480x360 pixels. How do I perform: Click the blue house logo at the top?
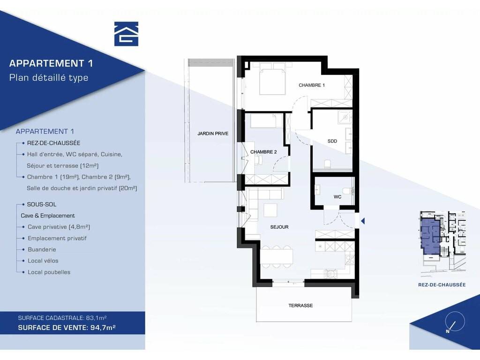point(126,34)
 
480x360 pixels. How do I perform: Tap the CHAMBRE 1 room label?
point(312,85)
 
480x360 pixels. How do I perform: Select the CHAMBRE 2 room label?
point(263,152)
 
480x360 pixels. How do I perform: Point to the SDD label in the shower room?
point(332,141)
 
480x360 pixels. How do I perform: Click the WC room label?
point(337,197)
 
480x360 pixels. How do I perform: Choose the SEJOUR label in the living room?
point(279,227)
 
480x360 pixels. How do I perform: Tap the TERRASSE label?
point(300,306)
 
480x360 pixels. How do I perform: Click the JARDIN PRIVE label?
point(213,134)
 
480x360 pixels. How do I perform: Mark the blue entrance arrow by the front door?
point(363,221)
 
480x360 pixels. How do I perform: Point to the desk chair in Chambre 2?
point(259,159)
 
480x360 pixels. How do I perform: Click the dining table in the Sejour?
point(277,256)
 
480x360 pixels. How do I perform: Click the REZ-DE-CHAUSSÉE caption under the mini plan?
point(442,285)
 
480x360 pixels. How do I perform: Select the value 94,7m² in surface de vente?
point(103,328)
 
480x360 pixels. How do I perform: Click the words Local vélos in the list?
point(43,261)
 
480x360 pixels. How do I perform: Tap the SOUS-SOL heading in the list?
point(42,204)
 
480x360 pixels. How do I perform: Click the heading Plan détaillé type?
point(49,78)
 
